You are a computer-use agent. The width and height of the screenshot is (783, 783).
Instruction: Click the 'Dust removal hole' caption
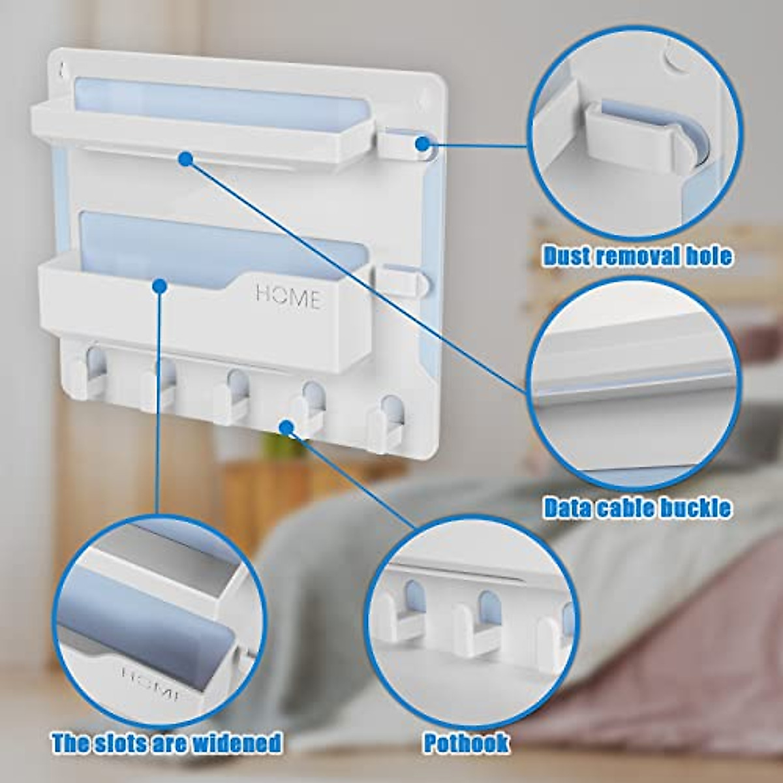coord(637,256)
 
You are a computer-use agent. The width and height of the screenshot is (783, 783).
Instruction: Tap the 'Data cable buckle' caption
coord(637,508)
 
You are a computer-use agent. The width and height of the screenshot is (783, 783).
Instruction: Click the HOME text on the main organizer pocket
coord(288,297)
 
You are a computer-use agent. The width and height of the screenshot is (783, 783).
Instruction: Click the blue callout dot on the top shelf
coord(186,158)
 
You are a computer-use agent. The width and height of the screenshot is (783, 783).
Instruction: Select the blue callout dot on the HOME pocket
coord(159,285)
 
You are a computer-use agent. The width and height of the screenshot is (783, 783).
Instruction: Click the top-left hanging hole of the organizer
coord(61,69)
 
